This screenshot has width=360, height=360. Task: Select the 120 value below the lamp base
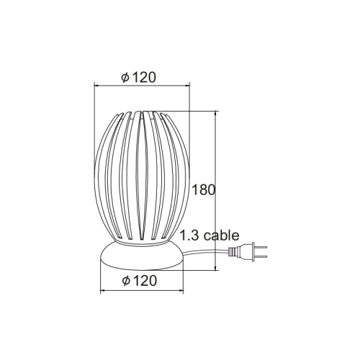coord(146,281)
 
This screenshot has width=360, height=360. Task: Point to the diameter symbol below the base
coord(126,281)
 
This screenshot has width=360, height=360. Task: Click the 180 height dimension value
coord(204,191)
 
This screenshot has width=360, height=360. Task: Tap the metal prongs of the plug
coord(261,253)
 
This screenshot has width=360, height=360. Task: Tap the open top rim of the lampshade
coord(142,113)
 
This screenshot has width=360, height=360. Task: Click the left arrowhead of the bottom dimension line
coord(100,291)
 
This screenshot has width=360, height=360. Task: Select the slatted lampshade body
coord(142,180)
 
